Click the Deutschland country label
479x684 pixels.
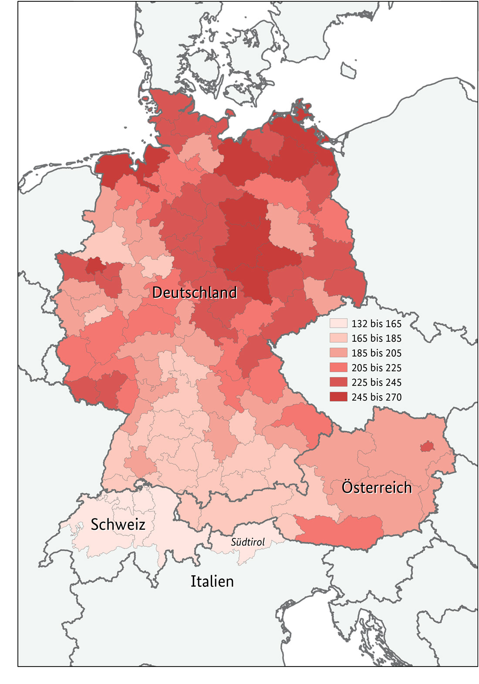[194, 292]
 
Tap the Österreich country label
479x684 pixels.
[376, 487]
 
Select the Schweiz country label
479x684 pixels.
[118, 524]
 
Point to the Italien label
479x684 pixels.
[212, 581]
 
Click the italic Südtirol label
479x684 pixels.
[247, 542]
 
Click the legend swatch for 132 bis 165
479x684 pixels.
[338, 323]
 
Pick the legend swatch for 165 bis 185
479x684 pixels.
[338, 338]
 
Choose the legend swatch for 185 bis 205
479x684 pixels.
[338, 353]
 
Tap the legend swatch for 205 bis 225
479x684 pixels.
[338, 368]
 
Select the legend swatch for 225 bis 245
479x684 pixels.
[338, 382]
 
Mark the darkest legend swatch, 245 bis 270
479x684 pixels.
[338, 397]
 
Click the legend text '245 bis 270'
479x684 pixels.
[376, 397]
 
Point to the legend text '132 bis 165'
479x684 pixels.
[376, 323]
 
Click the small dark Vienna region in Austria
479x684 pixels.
[427, 447]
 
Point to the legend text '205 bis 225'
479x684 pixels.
[376, 368]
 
